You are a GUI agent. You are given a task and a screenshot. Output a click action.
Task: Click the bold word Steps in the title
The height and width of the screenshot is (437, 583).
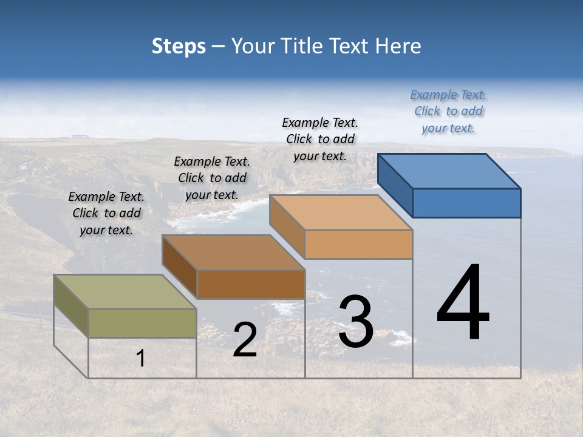point(179,46)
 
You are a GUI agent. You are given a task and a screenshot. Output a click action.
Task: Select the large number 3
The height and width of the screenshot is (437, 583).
point(356,322)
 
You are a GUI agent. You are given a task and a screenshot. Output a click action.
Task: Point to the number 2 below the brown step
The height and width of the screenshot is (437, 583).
point(245,340)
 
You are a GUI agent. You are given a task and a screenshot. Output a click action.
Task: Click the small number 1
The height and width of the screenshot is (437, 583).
point(141,359)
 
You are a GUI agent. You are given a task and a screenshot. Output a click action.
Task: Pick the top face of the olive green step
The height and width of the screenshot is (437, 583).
point(125,291)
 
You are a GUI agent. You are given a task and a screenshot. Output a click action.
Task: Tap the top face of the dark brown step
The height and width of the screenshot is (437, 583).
point(233,252)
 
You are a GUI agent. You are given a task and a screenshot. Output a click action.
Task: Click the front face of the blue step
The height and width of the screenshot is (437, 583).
point(466,203)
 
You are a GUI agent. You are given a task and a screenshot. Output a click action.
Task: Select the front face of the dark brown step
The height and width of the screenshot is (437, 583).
point(251,284)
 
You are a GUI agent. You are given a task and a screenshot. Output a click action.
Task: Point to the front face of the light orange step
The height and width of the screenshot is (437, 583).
point(358,245)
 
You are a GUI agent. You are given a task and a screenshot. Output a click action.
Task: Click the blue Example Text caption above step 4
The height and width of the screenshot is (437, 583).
point(448,111)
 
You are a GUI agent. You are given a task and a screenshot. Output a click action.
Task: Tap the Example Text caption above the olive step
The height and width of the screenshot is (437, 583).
point(106,213)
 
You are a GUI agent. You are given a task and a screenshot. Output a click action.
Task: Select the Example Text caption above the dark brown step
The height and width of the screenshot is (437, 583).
point(212,178)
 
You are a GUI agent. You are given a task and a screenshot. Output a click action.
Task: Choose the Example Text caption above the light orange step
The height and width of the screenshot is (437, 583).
point(320,139)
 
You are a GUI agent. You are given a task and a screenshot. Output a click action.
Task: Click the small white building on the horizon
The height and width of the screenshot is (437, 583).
point(78,136)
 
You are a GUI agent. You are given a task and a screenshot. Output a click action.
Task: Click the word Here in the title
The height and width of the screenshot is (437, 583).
point(399,46)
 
